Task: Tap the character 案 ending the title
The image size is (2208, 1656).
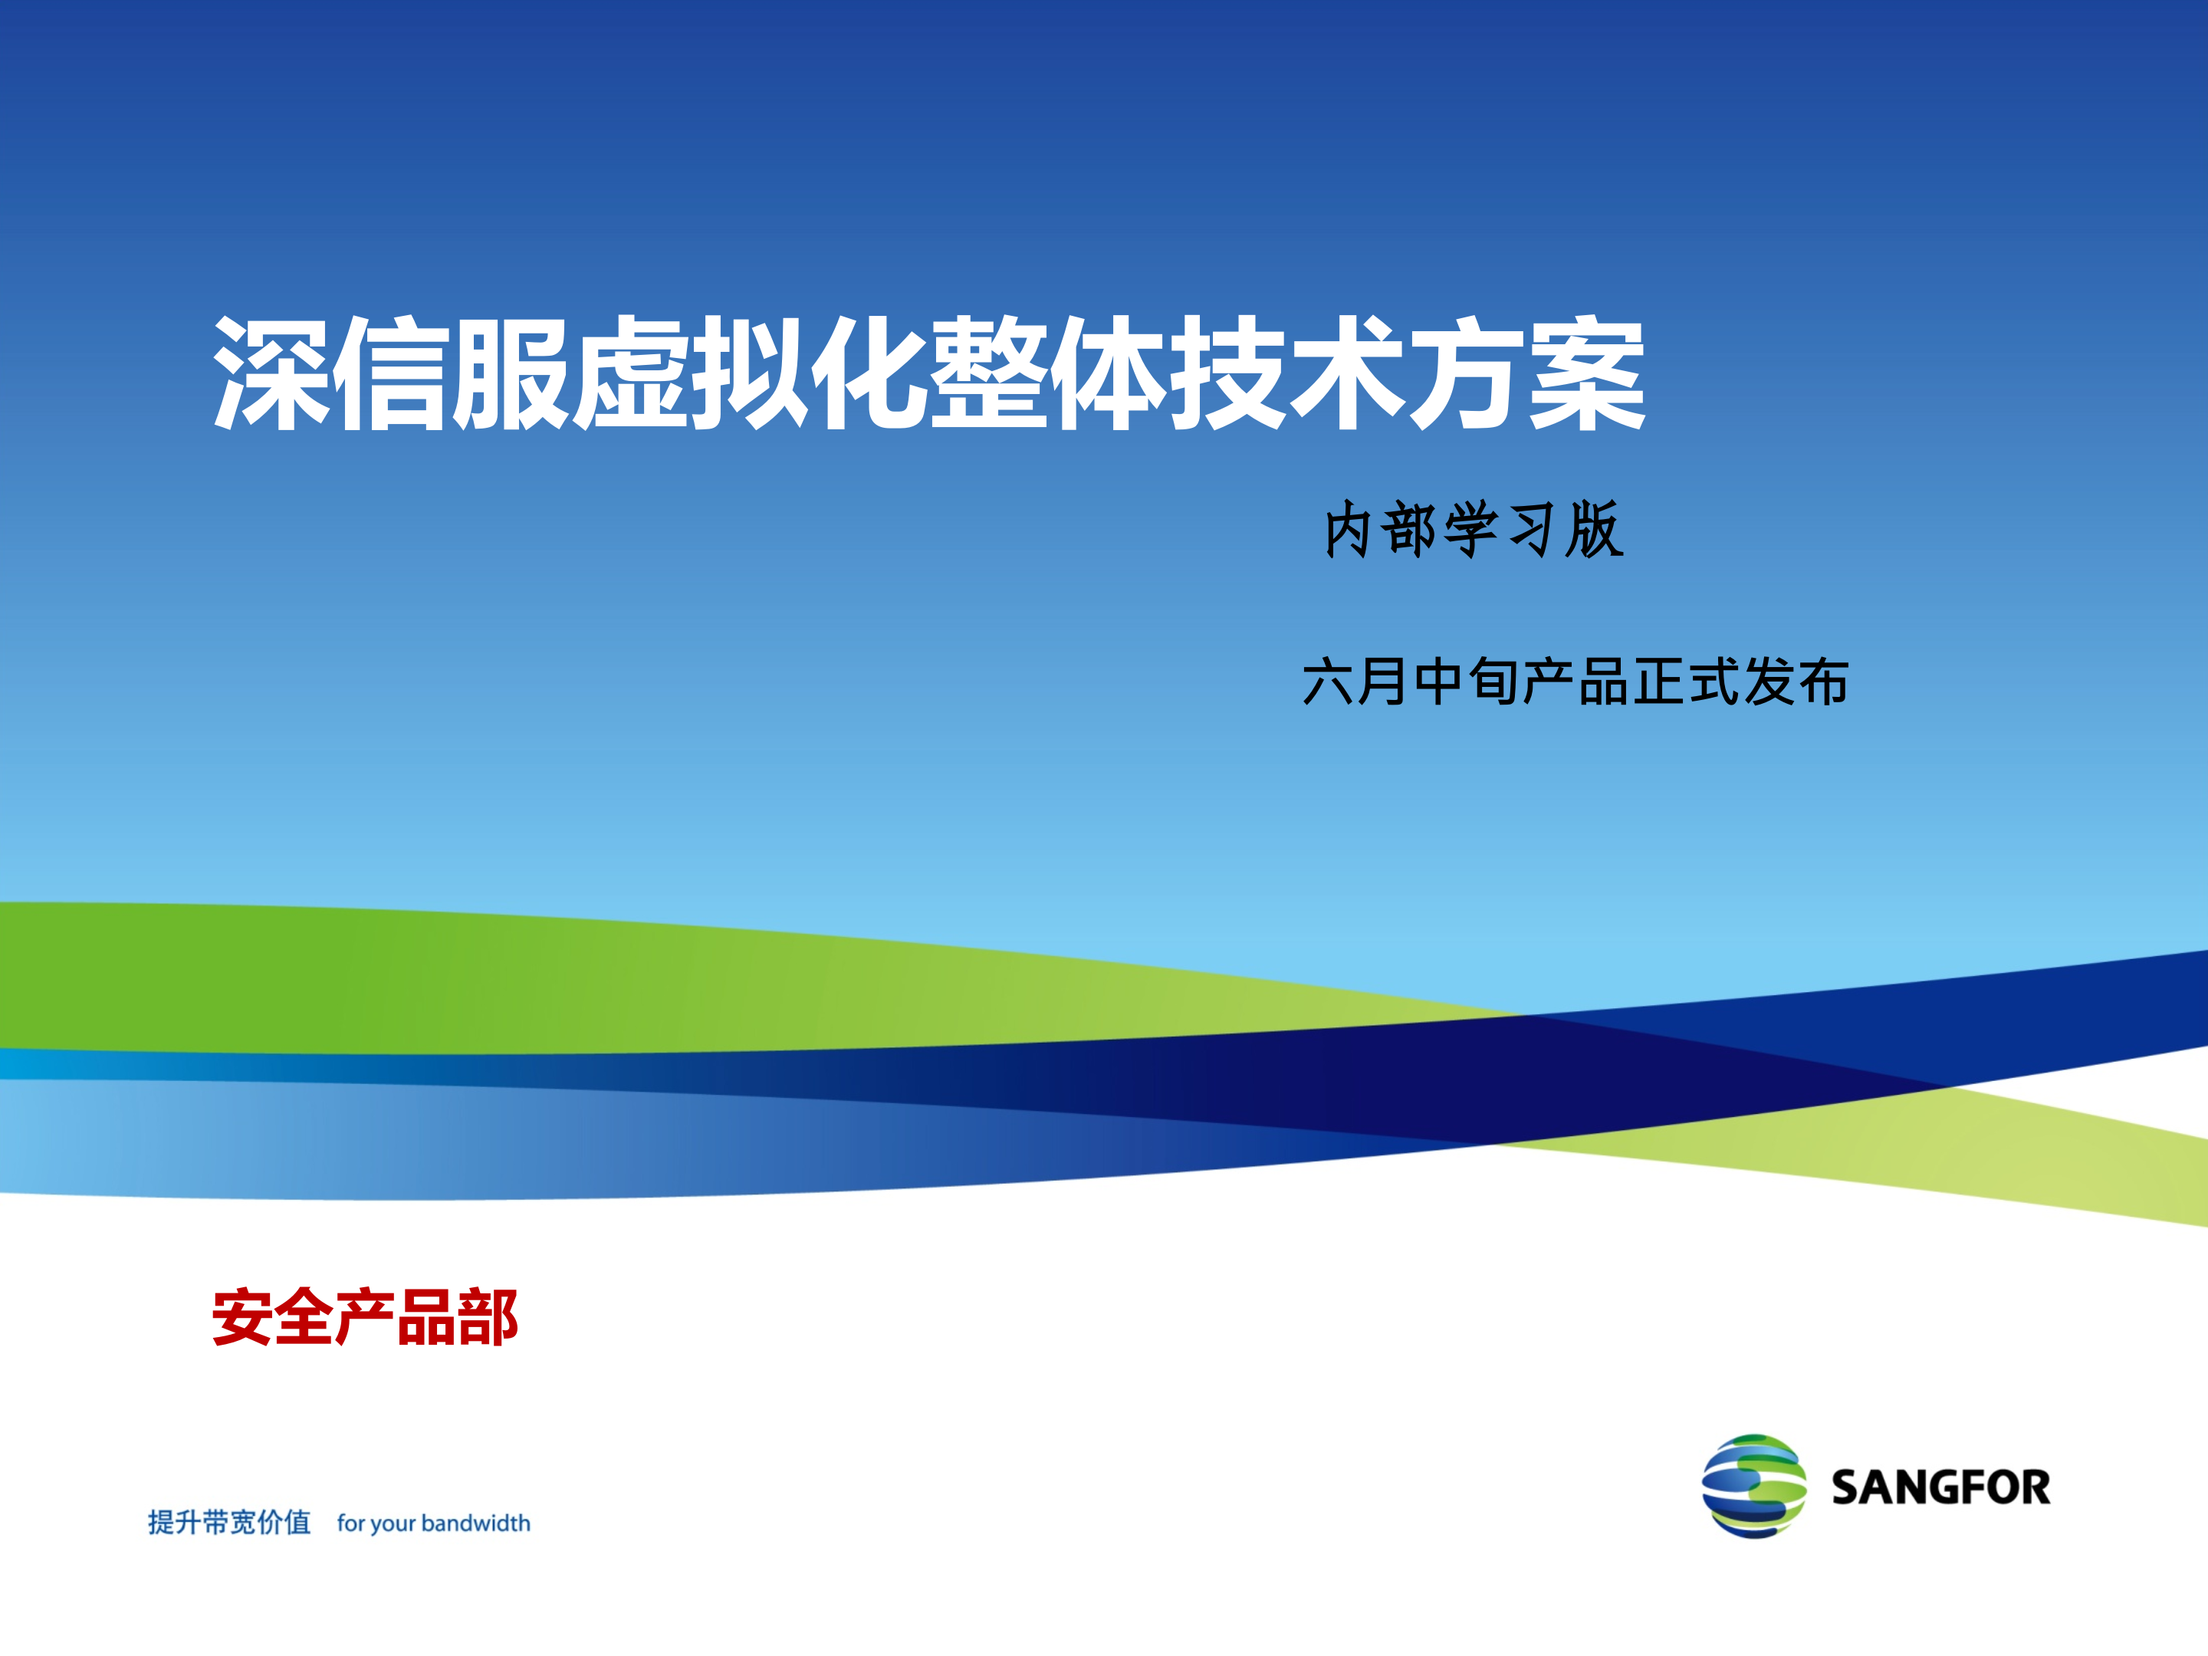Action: [1588, 373]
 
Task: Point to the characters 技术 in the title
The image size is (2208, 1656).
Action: [1288, 373]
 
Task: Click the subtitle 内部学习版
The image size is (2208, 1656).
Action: [1474, 529]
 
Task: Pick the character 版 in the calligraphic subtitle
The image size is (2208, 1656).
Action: [1594, 529]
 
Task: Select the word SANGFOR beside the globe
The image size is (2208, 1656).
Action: [1940, 1487]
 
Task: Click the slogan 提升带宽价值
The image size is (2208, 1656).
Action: [229, 1523]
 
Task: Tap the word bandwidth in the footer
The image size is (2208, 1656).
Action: [475, 1523]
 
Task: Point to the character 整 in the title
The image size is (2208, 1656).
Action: [988, 373]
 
